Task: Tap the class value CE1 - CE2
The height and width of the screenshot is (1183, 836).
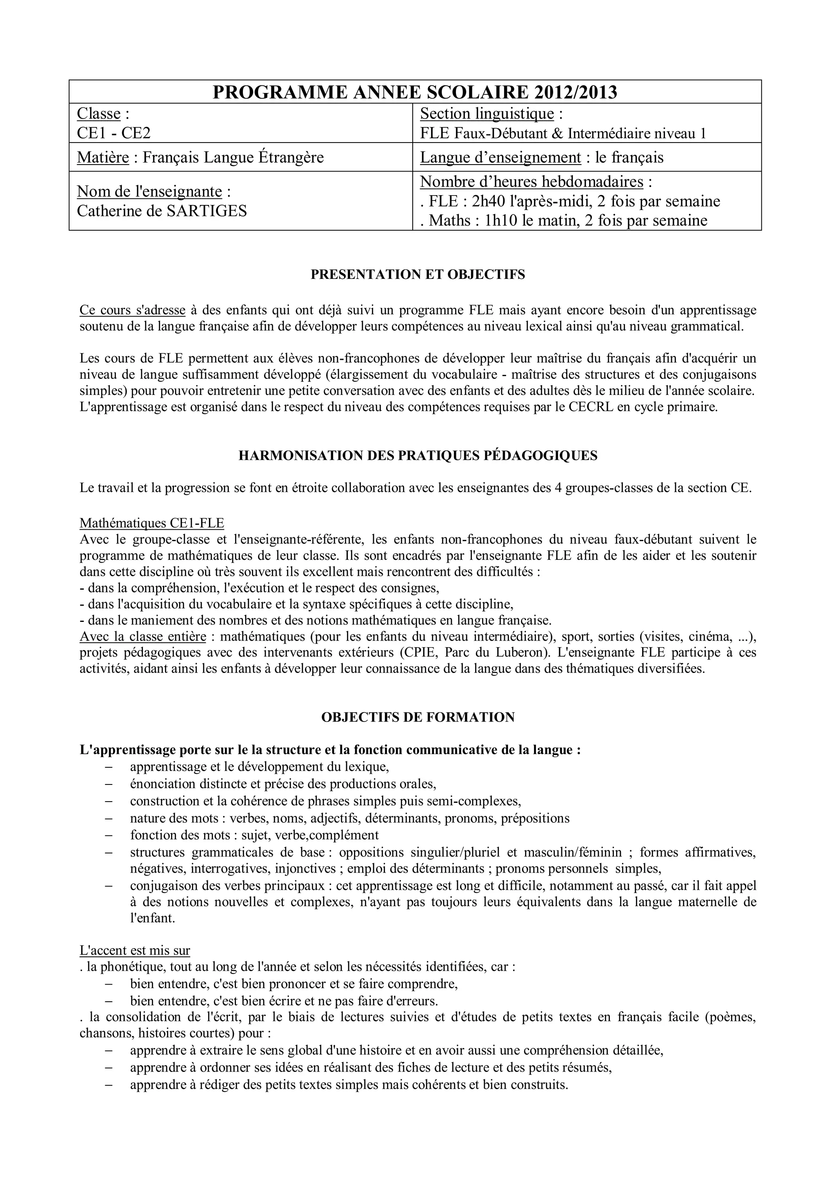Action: pos(114,134)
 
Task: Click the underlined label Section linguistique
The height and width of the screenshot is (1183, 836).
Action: pos(487,114)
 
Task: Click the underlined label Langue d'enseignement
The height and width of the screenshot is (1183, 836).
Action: pos(500,157)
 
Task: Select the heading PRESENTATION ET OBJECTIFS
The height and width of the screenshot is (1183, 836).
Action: pos(418,275)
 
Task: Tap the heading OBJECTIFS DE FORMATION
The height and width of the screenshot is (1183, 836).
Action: pos(418,717)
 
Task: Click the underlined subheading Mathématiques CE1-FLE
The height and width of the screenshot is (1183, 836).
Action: pos(152,524)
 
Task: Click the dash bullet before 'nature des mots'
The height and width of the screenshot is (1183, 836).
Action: pos(108,819)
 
